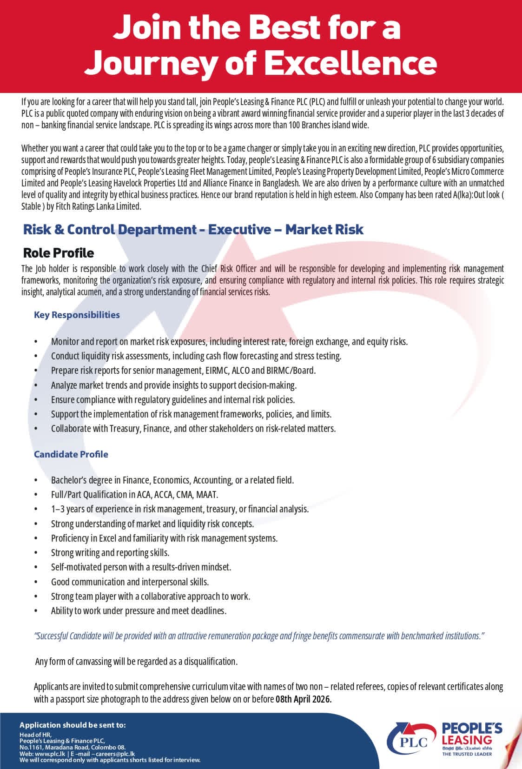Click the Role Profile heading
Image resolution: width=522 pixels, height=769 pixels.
click(59, 253)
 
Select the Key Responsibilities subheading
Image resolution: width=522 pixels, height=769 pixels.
click(77, 315)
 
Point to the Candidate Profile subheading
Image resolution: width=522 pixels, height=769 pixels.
click(71, 454)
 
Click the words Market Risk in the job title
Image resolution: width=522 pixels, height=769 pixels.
click(324, 229)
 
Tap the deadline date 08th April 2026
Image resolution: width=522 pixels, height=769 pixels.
click(304, 699)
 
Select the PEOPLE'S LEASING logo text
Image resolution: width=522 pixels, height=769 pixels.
click(472, 734)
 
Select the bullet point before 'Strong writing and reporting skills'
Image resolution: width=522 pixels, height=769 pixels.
click(36, 553)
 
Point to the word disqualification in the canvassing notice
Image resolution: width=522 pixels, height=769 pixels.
click(211, 661)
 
